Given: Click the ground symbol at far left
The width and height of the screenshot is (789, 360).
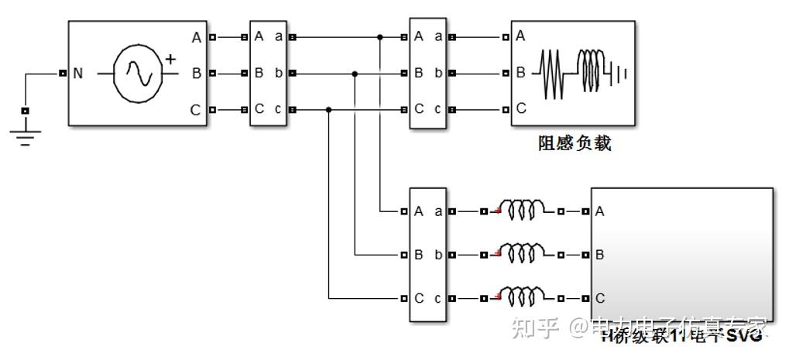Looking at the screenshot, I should [x=25, y=137].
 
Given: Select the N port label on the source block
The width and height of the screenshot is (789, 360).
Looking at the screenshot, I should [x=77, y=74].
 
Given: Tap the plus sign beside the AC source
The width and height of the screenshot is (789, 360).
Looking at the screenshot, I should [x=170, y=59].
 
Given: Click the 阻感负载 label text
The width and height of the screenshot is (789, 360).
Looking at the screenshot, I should [x=574, y=143].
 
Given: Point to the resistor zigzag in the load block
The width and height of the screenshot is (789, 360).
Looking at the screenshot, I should [x=554, y=74].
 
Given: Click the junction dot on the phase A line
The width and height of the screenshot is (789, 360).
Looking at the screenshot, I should [x=379, y=36].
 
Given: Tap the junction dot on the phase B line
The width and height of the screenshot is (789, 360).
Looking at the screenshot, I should [x=355, y=74].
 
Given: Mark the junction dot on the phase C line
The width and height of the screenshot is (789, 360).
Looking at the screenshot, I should [x=329, y=110].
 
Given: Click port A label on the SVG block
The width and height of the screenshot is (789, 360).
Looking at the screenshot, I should [x=599, y=211].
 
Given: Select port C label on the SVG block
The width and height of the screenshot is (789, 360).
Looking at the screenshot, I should [x=599, y=298].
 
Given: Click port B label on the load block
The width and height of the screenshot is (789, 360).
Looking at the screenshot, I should [x=521, y=73].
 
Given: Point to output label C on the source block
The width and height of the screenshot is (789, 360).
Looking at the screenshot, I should [x=195, y=111].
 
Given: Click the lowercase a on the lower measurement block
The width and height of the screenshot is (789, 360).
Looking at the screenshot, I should [x=438, y=211].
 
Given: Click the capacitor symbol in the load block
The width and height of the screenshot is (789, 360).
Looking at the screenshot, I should [x=619, y=74].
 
